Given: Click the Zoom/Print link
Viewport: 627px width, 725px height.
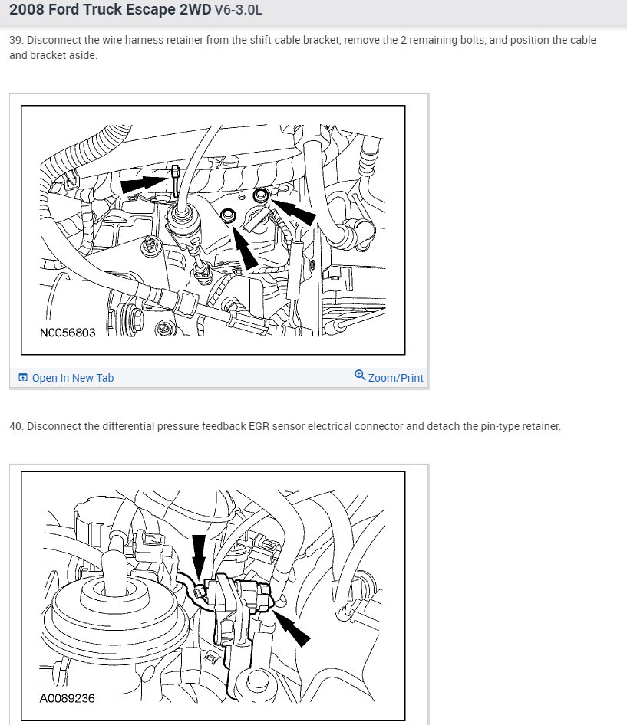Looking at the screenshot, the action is click(395, 378).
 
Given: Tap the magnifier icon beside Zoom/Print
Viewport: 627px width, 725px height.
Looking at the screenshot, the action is click(360, 375).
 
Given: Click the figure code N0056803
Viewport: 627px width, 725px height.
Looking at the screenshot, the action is click(68, 333).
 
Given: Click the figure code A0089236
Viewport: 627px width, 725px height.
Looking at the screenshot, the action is click(67, 698).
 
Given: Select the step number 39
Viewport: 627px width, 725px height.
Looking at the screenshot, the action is click(15, 40).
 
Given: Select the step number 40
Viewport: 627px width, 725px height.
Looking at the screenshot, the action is click(16, 426).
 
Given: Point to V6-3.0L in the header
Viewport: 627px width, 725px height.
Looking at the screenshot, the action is click(239, 10).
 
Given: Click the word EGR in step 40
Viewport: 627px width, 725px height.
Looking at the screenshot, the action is click(259, 426).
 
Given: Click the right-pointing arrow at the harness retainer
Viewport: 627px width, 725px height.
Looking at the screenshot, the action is click(144, 184).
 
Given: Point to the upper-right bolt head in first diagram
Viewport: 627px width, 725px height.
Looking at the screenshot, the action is click(261, 195).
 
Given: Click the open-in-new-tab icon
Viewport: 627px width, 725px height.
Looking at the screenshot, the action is click(23, 377).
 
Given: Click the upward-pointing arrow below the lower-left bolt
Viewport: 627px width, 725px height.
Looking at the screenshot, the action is click(245, 247).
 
